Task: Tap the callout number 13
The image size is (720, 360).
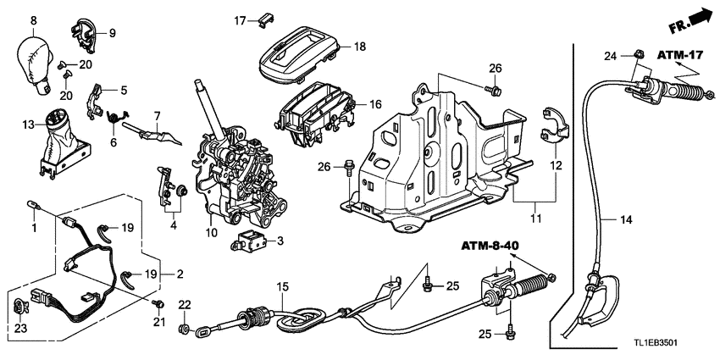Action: [x=27, y=125]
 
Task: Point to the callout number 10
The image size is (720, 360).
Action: [x=211, y=233]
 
